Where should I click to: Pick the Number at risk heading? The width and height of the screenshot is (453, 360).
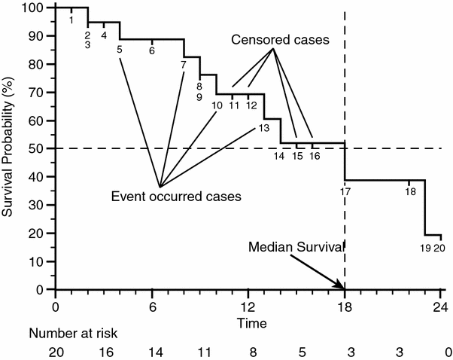(x=73, y=331)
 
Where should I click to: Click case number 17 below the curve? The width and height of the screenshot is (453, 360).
(x=345, y=191)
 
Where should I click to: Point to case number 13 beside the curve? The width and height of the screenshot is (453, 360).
(x=263, y=128)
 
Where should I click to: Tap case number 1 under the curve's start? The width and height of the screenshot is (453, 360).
(x=71, y=20)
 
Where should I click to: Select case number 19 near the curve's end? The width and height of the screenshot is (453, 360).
(x=425, y=247)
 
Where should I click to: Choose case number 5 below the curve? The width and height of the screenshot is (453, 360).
(x=120, y=50)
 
